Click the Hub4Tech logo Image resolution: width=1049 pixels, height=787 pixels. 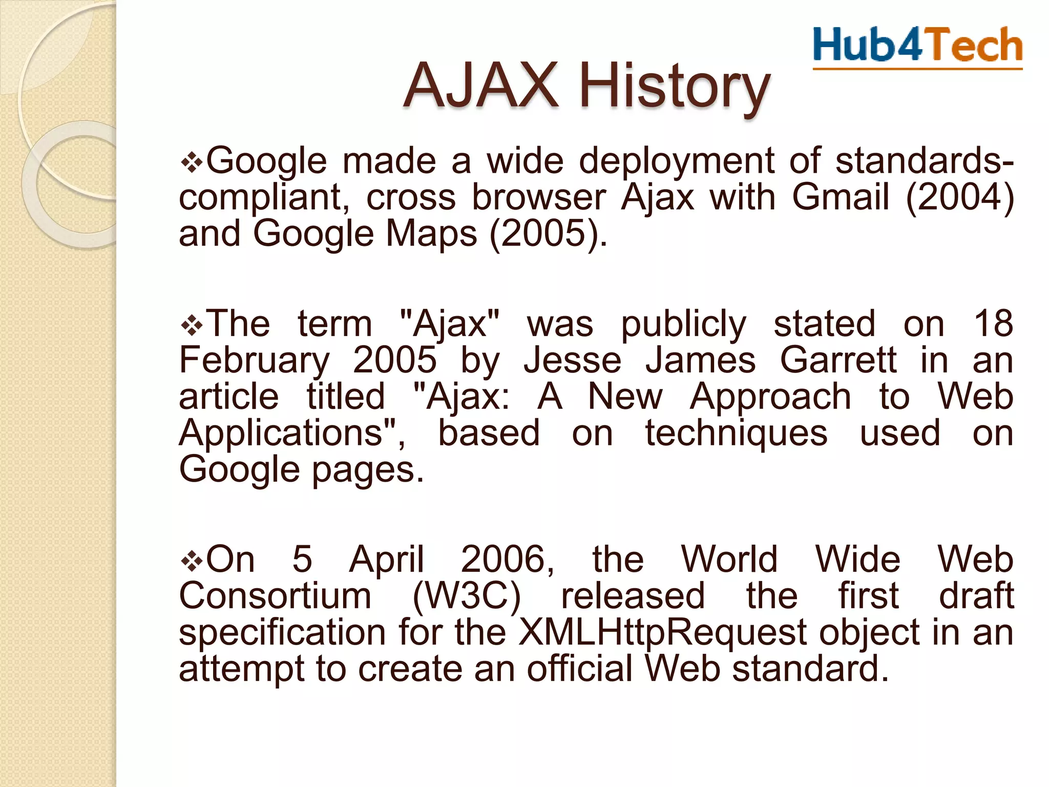(917, 47)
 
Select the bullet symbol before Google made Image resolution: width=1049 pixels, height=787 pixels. (192, 163)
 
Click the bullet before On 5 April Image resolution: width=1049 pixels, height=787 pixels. (192, 561)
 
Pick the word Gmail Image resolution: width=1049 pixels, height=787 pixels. (841, 197)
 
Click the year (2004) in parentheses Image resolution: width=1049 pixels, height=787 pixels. (960, 197)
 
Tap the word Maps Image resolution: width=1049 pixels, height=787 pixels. (431, 234)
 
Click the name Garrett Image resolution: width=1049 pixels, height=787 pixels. (838, 360)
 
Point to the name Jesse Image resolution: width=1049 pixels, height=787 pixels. (572, 360)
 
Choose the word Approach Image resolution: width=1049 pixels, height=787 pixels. (770, 398)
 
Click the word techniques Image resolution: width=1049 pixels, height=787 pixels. (736, 434)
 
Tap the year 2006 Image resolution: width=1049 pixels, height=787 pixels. (507, 560)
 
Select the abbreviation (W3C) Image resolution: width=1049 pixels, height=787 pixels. (466, 596)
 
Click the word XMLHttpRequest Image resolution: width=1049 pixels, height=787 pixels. (663, 633)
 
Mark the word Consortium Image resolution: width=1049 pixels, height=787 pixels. (275, 596)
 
